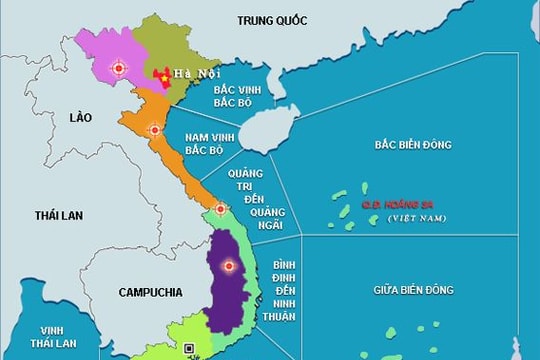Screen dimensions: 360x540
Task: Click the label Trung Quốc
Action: [x=272, y=19]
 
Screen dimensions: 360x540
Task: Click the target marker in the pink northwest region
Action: [x=119, y=68]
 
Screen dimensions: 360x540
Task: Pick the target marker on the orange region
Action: [x=154, y=130]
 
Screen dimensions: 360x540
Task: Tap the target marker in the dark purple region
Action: [x=230, y=266]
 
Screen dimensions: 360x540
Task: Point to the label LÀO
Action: [x=80, y=118]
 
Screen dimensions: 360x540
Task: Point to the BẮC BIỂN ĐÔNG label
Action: [x=412, y=144]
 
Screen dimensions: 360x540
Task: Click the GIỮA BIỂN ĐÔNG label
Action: [x=412, y=289]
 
